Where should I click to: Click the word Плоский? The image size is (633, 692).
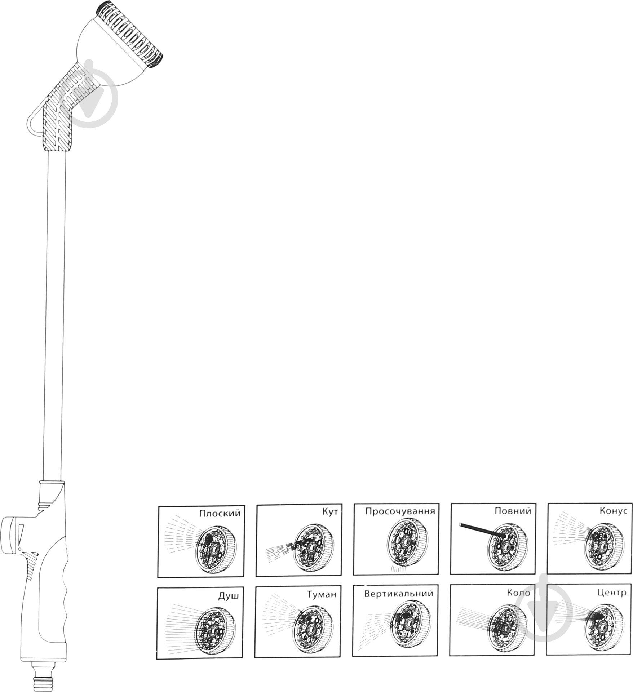pyautogui.click(x=220, y=513)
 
